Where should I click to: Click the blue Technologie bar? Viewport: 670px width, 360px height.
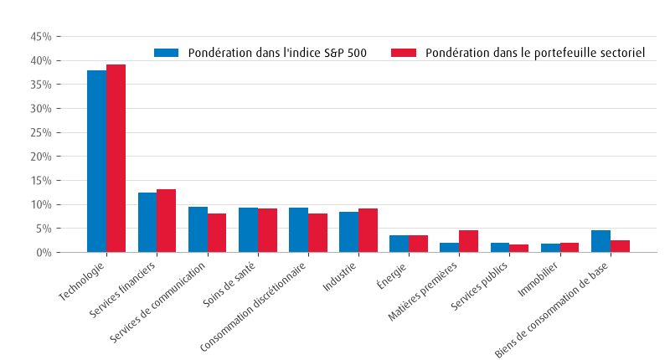tap(96, 162)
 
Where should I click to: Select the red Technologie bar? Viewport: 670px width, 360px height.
tap(116, 158)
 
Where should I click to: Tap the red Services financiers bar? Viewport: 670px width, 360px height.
tap(166, 221)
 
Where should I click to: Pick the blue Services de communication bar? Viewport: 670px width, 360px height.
tap(198, 229)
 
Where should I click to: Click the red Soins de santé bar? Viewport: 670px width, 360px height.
tap(267, 230)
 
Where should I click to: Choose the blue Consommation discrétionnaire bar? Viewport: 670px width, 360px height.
tap(298, 230)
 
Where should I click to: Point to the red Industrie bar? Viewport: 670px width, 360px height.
tap(368, 230)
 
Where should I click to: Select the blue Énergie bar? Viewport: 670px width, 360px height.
tap(399, 244)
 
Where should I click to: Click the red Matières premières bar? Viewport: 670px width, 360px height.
tap(469, 241)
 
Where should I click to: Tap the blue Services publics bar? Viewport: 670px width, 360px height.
tap(500, 248)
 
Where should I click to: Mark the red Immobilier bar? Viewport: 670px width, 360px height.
tap(569, 248)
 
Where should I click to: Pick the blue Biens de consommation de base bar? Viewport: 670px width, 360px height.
tap(600, 241)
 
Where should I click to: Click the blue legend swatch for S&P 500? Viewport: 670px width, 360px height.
tap(166, 53)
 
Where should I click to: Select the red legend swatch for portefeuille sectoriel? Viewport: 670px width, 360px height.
tap(404, 53)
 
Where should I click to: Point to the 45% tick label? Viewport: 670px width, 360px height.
tap(41, 37)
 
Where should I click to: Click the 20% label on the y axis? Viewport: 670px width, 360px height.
tap(41, 157)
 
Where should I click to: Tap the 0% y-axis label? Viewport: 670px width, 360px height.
tap(44, 253)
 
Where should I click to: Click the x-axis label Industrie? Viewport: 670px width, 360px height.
tap(339, 277)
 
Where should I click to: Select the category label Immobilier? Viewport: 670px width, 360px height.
tap(538, 280)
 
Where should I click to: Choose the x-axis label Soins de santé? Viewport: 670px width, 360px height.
tap(229, 285)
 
